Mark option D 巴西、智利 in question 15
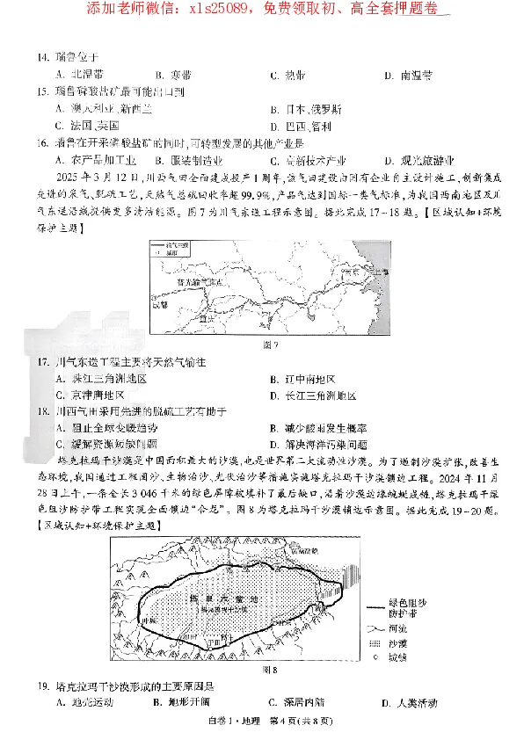[307, 126]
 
